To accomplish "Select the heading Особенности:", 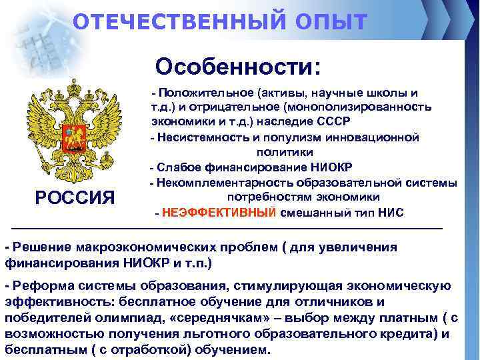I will click(238, 67).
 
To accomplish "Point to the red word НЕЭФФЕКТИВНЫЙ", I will click(218, 213).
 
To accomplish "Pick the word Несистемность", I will click(196, 138).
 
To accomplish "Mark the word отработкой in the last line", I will click(163, 349).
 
